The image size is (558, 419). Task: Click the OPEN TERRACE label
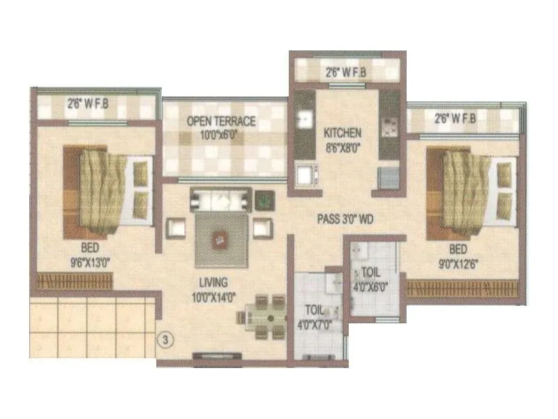tap(220, 126)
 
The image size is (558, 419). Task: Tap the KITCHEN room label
tap(342, 138)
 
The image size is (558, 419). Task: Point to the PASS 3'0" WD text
tap(345, 219)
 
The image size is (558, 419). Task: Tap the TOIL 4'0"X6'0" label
tap(370, 279)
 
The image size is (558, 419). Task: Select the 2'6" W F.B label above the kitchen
tap(345, 71)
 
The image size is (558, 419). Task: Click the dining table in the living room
tap(262, 316)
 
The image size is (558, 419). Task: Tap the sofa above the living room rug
tap(220, 200)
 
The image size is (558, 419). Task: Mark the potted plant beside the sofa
tap(264, 200)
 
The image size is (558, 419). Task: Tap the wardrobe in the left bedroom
tap(75, 281)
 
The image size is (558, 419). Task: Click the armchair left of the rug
tap(176, 228)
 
